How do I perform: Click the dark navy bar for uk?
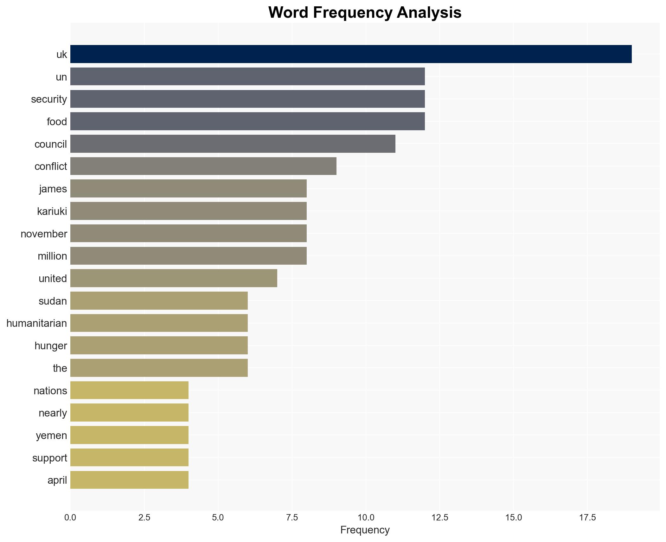click(351, 54)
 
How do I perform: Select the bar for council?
click(233, 144)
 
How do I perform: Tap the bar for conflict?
click(203, 166)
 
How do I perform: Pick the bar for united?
click(174, 278)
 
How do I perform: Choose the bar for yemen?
click(129, 435)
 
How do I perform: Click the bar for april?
click(129, 480)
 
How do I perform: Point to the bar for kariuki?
click(188, 211)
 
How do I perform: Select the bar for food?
click(247, 121)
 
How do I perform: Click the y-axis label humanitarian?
click(37, 323)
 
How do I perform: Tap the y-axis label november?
click(44, 234)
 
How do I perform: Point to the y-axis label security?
click(49, 99)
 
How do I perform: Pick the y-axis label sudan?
click(53, 301)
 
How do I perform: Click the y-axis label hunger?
click(51, 346)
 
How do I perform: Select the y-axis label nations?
click(50, 391)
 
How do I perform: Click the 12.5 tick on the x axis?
click(440, 518)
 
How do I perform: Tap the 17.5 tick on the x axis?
click(587, 518)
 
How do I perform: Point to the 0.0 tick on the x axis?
click(70, 518)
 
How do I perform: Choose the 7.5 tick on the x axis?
click(292, 518)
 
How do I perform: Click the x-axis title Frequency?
click(365, 530)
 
